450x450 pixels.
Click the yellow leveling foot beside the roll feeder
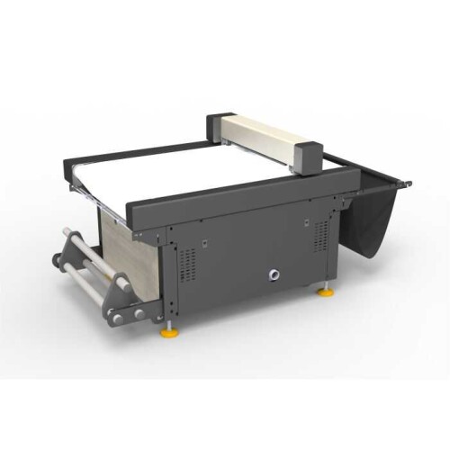click(x=168, y=334)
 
